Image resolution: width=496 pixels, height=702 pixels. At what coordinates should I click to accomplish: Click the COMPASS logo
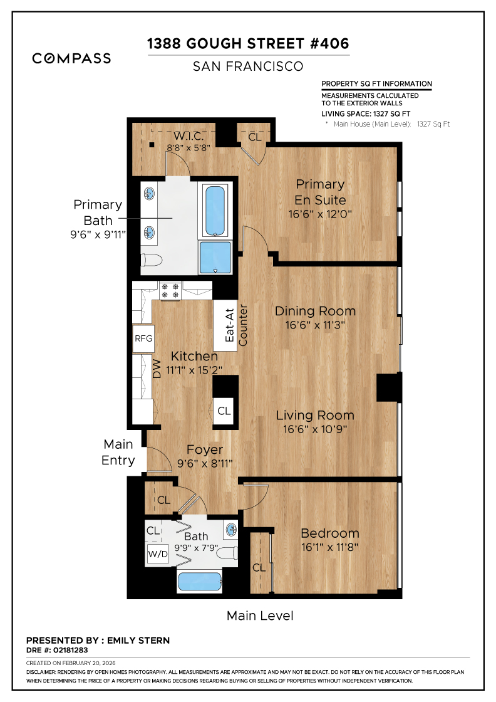click(x=71, y=58)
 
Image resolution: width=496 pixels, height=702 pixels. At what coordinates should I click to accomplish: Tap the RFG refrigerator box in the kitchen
click(x=143, y=338)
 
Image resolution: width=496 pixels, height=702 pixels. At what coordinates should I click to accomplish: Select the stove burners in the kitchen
click(x=170, y=290)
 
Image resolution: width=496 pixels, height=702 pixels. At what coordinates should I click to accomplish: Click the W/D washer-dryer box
click(x=158, y=554)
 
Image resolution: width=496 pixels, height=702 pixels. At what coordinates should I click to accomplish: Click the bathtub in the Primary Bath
click(x=215, y=211)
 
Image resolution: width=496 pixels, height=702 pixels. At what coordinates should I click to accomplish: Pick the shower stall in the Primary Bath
click(x=215, y=258)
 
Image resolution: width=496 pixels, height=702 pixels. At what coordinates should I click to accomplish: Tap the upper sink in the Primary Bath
click(x=149, y=194)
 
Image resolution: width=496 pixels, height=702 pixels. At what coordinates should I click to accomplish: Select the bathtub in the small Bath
click(x=200, y=582)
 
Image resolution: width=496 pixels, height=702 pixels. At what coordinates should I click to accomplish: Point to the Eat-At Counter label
click(x=235, y=325)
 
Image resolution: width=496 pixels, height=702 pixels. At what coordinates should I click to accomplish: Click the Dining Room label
click(x=315, y=311)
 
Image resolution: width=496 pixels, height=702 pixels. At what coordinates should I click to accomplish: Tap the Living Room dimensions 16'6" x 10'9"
click(x=315, y=429)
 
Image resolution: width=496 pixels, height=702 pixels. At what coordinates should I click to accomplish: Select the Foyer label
click(x=204, y=449)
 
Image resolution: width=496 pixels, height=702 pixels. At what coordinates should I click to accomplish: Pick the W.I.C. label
click(x=189, y=135)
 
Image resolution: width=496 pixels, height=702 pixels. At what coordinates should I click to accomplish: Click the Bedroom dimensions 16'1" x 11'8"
click(x=329, y=547)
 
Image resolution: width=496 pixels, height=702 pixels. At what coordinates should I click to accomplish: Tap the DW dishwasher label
click(x=157, y=369)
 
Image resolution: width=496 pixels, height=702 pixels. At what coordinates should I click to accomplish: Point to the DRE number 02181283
click(x=68, y=650)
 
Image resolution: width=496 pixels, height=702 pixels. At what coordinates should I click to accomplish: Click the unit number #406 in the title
click(x=329, y=43)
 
